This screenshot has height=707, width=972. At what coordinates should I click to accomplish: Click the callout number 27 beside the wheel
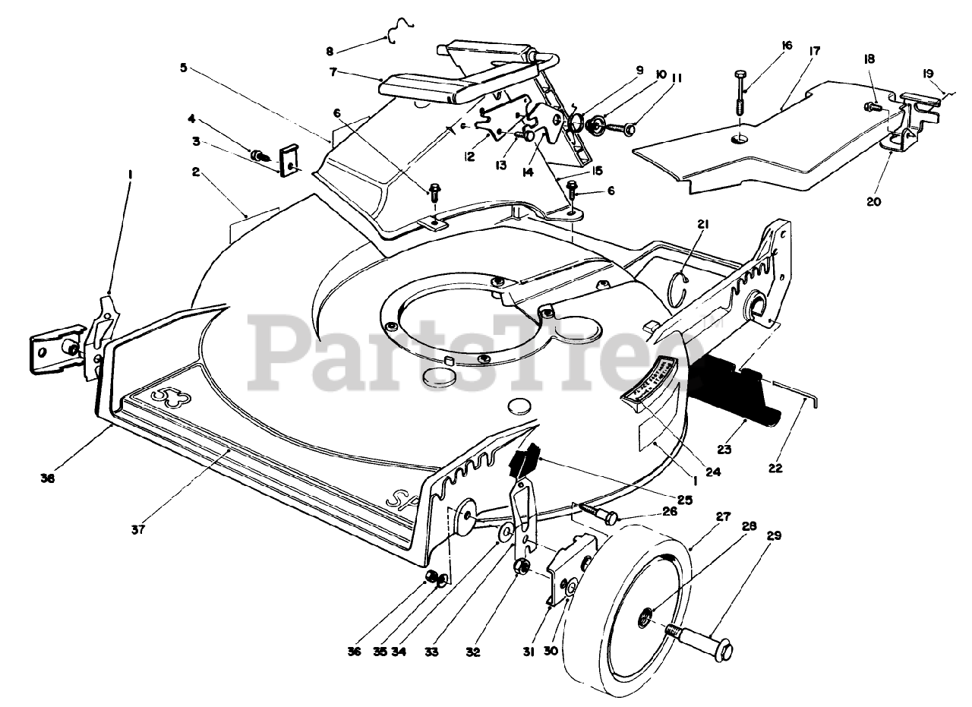click(722, 516)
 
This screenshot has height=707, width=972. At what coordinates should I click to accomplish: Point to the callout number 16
click(786, 46)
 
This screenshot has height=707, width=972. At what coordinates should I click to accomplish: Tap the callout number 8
click(330, 51)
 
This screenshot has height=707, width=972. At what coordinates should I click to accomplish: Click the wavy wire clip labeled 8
click(396, 33)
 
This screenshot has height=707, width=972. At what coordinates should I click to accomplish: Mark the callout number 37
click(138, 529)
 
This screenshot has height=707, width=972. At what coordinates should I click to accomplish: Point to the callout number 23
click(724, 450)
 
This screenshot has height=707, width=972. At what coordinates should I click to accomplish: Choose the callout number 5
click(184, 67)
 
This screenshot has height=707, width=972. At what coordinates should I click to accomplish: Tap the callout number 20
click(874, 201)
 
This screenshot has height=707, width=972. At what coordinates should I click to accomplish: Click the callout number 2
click(195, 173)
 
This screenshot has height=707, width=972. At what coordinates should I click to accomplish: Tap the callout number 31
click(529, 652)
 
